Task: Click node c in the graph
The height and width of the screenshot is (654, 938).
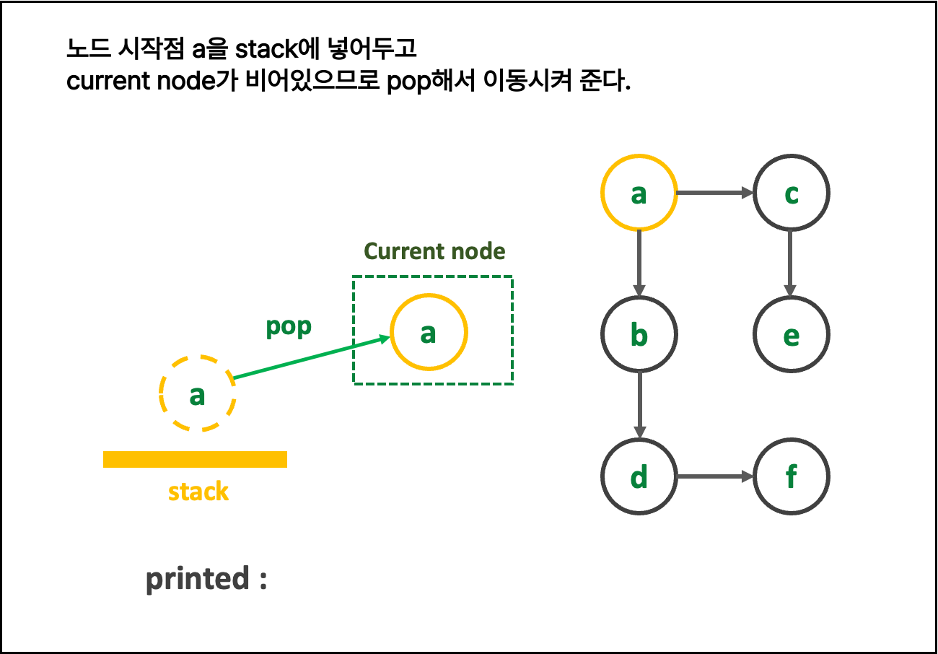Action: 791,193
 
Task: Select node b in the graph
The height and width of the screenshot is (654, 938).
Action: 639,334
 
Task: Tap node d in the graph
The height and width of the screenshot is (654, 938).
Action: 639,476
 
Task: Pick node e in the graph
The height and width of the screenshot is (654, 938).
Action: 791,334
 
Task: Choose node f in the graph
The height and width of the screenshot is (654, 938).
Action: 791,476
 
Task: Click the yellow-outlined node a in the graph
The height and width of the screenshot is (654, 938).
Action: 639,193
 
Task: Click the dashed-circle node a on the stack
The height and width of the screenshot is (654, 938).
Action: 197,394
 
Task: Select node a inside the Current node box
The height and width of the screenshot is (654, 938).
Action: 429,332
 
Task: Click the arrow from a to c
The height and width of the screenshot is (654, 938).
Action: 714,193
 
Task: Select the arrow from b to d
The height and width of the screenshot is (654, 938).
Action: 639,405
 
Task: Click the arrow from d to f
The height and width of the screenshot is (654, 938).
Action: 714,476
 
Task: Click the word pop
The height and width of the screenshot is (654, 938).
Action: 289,326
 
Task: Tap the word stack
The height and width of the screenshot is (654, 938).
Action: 198,492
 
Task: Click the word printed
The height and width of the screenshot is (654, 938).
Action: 197,579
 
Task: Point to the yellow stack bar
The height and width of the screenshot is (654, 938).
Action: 195,459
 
